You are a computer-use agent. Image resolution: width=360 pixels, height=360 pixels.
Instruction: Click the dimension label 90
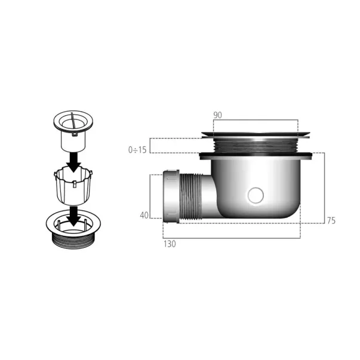coord(218,115)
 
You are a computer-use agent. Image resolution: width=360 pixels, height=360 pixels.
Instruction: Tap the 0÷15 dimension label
coord(137,150)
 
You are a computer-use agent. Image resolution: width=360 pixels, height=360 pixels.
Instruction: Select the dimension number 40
coord(144,216)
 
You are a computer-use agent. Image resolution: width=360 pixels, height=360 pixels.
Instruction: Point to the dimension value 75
coord(331,221)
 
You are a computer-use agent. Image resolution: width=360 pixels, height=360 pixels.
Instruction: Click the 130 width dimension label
coord(170,244)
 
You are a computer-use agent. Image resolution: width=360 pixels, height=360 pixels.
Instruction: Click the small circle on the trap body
coord(256,195)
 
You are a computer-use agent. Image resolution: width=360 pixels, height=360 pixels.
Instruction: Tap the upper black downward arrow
coord(73,162)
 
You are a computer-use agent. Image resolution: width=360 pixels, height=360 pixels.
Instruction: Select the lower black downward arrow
coord(73,216)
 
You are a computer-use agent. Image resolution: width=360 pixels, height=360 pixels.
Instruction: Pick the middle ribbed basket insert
coord(73,186)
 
